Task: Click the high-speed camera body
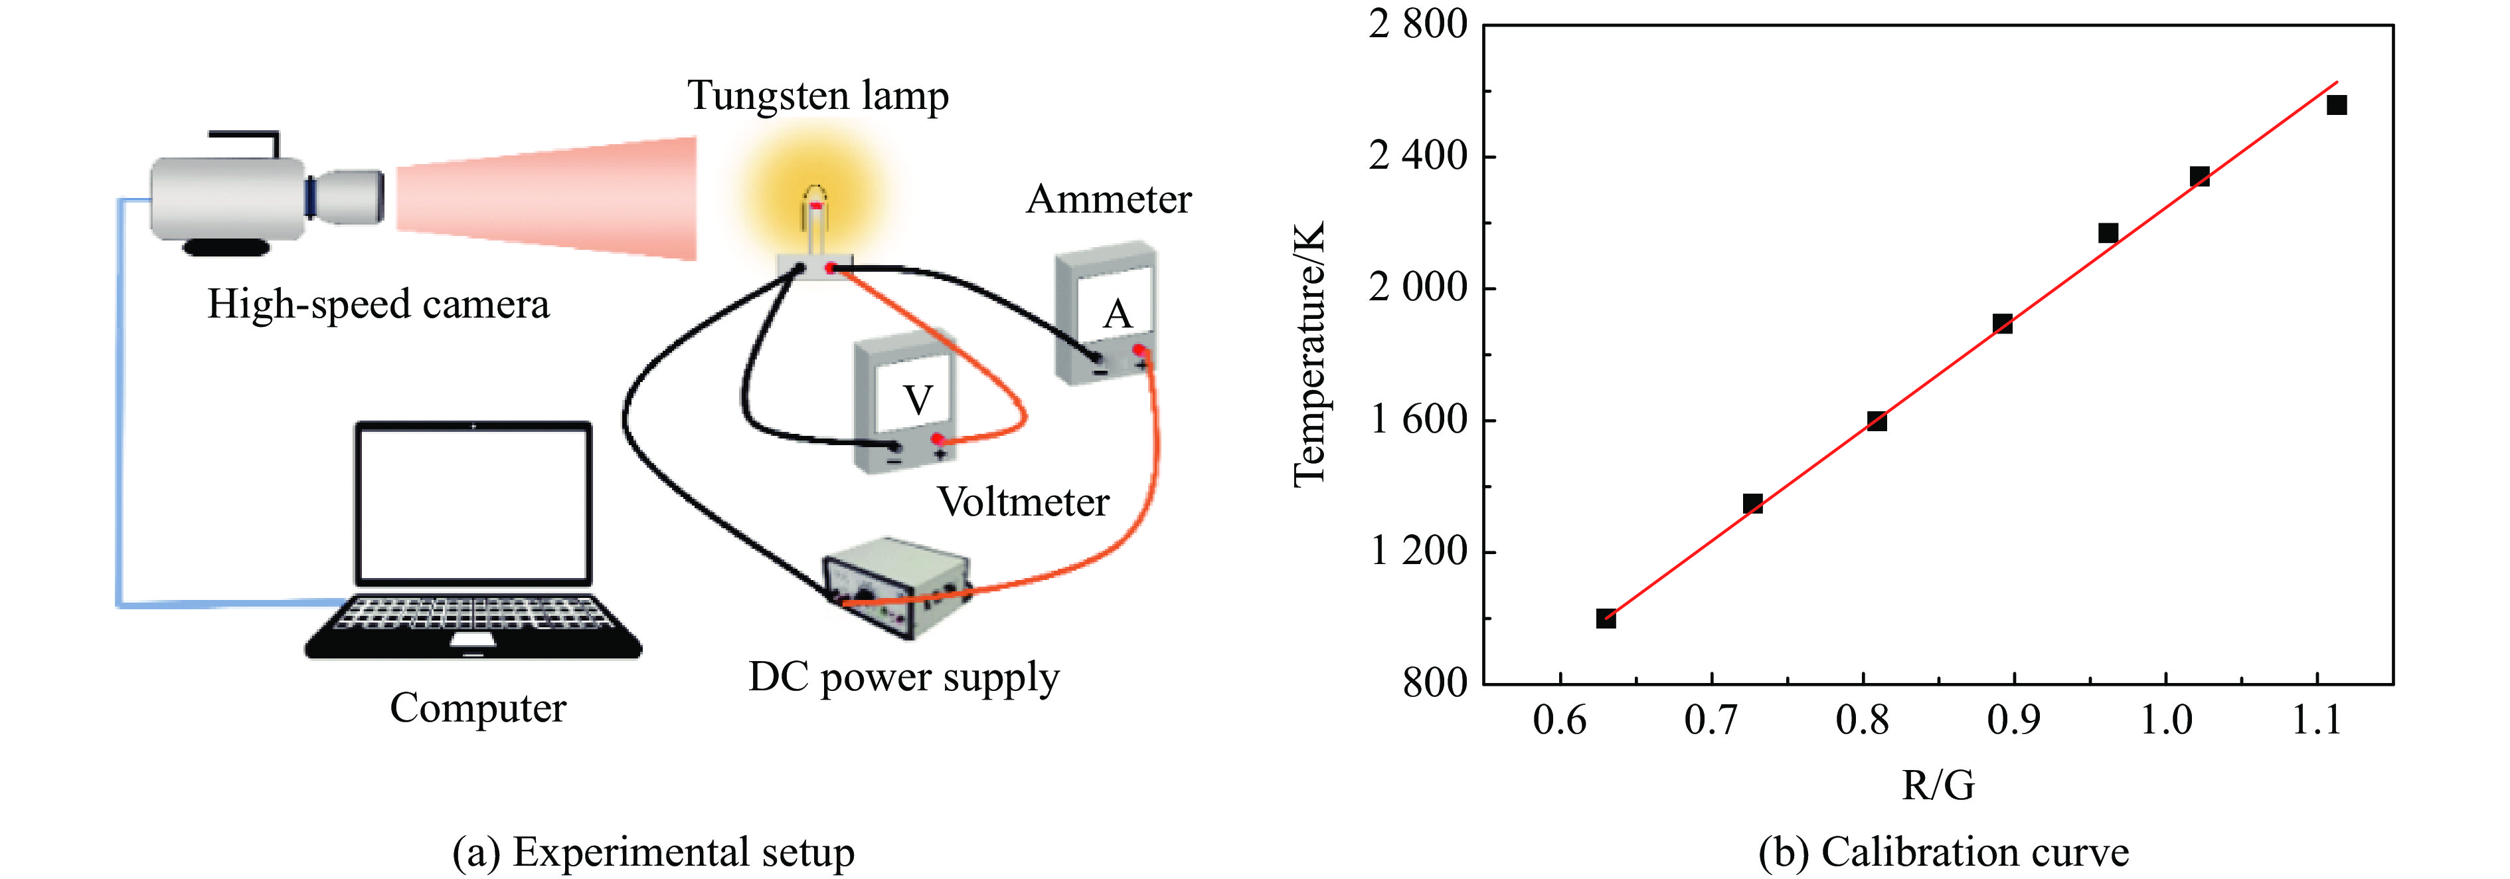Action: point(229,198)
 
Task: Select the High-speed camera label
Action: point(378,304)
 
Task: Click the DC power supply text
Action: point(903,677)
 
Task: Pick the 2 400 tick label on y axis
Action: point(1418,156)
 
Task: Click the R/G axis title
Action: point(1938,785)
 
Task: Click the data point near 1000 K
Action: point(1606,618)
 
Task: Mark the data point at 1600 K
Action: point(1877,421)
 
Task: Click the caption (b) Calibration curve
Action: point(1944,852)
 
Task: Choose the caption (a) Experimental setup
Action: point(653,852)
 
